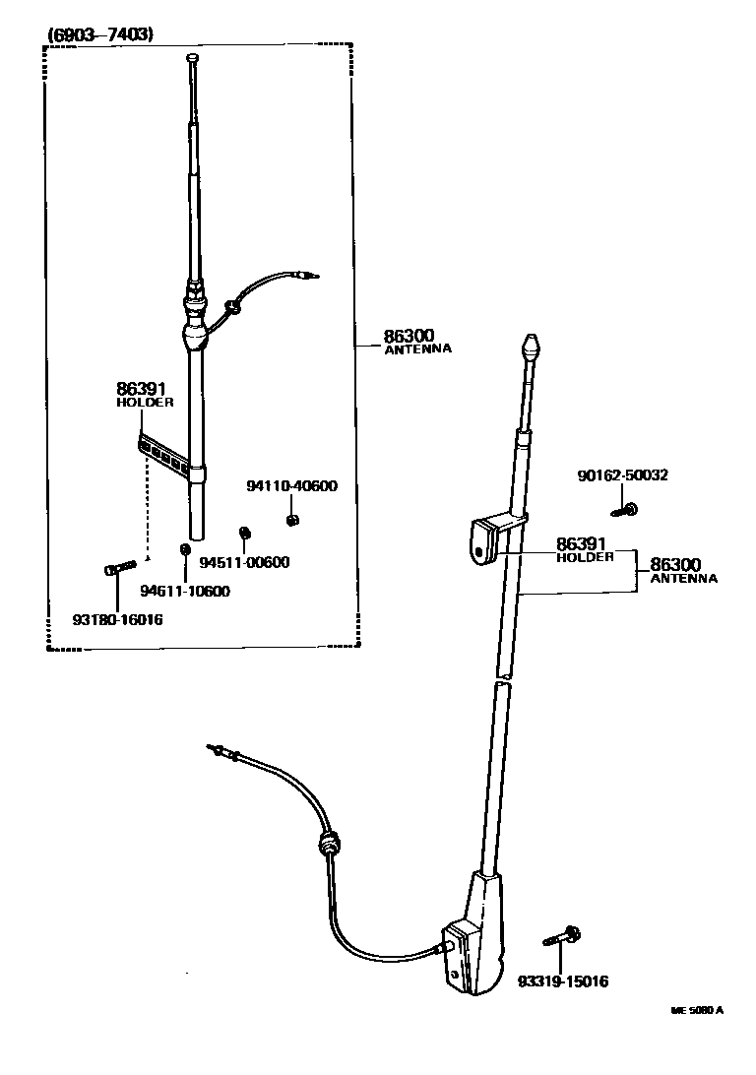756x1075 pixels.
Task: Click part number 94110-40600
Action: [x=291, y=485]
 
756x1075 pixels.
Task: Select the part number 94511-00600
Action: [x=245, y=562]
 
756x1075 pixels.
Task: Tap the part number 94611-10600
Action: [x=185, y=591]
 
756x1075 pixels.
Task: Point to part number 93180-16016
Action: [x=117, y=619]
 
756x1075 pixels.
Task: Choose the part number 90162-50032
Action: [x=622, y=474]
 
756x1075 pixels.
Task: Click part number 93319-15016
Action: [x=563, y=981]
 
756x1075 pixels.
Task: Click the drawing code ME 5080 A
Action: [x=697, y=1010]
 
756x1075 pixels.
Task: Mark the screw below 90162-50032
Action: [x=625, y=509]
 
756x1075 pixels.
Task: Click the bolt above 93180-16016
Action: [x=116, y=568]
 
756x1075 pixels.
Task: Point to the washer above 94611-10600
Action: [x=184, y=548]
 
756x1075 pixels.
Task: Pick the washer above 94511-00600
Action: [x=245, y=533]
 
